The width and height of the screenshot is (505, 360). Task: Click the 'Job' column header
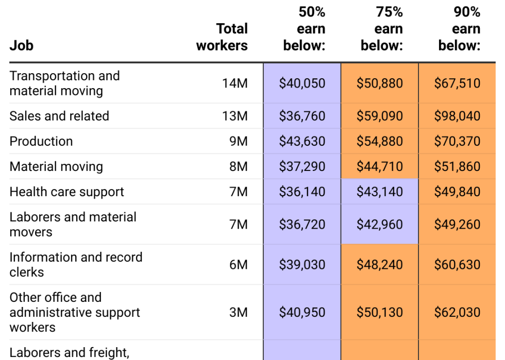[21, 45]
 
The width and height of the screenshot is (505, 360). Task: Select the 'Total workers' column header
[222, 37]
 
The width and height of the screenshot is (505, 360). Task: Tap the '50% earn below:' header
[305, 29]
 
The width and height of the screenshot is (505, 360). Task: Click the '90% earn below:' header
[460, 29]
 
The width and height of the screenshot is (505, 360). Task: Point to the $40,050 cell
[302, 83]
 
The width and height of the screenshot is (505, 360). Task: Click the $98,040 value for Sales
[457, 116]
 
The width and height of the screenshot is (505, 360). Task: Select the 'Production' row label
[41, 141]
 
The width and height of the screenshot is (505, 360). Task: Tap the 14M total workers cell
[235, 83]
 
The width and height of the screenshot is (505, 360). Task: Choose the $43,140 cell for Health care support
[380, 192]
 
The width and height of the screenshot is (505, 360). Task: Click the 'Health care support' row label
[66, 192]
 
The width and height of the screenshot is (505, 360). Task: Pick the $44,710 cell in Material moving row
[380, 166]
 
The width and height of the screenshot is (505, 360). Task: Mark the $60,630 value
[457, 265]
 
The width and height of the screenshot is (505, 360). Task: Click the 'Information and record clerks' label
[76, 264]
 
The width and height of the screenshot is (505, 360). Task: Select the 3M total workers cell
[238, 312]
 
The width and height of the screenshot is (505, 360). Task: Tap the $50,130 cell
[380, 312]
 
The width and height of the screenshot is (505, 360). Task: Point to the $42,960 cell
[380, 225]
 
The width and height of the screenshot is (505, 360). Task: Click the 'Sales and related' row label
[59, 116]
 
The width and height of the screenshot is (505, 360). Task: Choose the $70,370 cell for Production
[457, 141]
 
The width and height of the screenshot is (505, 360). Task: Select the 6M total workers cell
[238, 265]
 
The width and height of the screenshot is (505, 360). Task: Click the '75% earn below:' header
[382, 29]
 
